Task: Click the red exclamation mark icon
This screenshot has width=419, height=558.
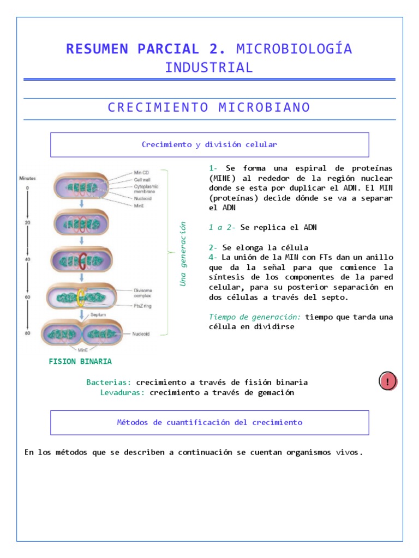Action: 388,381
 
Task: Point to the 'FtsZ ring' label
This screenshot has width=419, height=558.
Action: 143,306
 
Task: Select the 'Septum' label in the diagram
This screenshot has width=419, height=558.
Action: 99,315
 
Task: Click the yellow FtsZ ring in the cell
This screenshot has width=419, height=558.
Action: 81,297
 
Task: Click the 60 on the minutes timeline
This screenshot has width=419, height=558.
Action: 27,297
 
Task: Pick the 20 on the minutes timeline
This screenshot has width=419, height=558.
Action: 27,223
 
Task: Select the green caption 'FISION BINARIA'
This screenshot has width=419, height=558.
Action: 80,361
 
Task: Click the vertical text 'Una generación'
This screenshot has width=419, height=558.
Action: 183,253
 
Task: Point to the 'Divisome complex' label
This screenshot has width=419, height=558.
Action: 143,293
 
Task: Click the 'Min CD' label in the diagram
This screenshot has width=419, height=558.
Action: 141,173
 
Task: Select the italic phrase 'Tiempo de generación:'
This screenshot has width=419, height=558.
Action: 255,317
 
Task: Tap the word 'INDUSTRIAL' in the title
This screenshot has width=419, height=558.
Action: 209,68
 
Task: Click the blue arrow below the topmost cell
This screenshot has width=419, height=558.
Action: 81,204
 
